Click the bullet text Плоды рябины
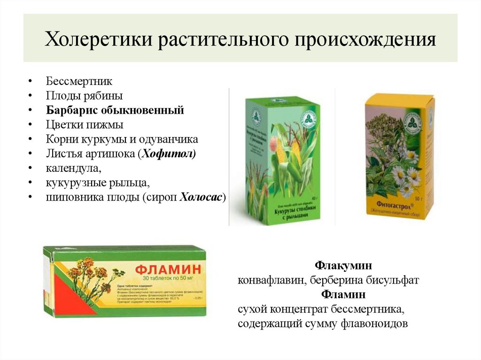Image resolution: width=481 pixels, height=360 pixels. (x=85, y=96)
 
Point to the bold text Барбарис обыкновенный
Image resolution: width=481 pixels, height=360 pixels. (x=115, y=110)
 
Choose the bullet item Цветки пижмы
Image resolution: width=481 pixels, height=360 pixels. (x=85, y=125)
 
